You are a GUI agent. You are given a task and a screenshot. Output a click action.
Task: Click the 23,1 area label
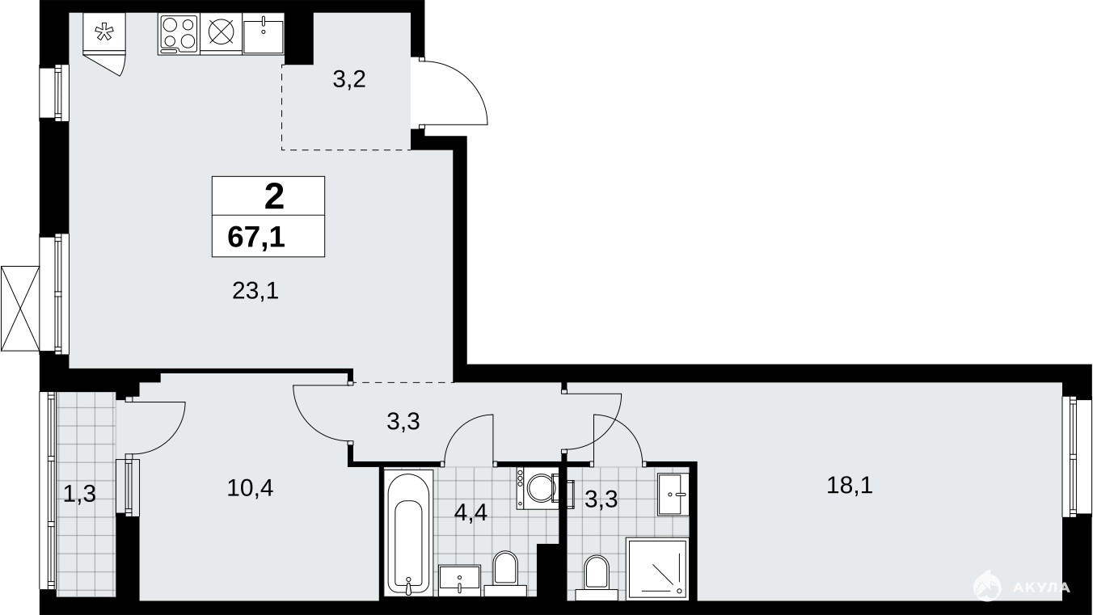(255, 292)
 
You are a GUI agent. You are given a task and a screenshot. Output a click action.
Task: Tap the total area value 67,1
(256, 238)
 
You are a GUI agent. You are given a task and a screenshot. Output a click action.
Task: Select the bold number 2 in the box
(274, 196)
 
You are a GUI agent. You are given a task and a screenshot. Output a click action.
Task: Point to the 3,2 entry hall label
(349, 79)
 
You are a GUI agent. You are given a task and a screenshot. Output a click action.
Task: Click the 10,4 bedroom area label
(250, 488)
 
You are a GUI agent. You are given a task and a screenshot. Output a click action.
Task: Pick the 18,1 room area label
(850, 485)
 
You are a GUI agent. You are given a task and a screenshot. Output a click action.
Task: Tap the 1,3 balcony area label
(79, 494)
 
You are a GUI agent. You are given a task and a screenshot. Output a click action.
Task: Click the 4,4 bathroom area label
(471, 512)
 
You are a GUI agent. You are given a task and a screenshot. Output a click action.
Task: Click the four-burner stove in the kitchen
(179, 34)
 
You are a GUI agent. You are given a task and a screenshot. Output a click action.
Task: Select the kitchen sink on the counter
(263, 34)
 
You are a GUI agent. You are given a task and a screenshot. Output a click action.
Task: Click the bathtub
(409, 533)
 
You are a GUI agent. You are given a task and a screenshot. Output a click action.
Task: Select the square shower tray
(657, 569)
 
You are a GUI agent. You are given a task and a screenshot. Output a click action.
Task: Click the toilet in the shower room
(597, 578)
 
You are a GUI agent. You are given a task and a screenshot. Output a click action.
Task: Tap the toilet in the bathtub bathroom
(505, 574)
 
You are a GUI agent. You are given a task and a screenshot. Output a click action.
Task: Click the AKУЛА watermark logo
(1022, 586)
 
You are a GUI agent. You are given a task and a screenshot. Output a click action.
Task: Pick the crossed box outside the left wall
(20, 308)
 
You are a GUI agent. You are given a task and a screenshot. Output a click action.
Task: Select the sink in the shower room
(673, 494)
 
